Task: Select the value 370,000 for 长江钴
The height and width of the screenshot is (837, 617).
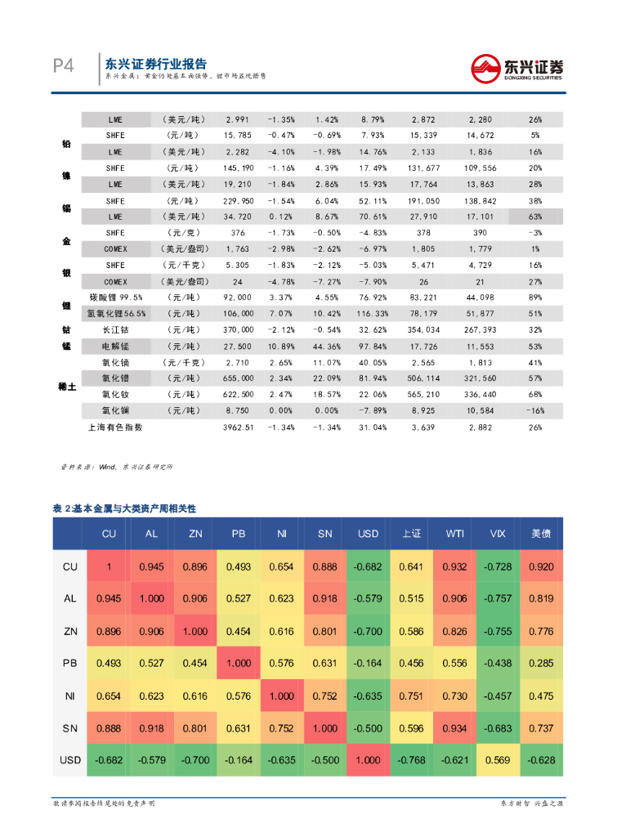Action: tap(238, 329)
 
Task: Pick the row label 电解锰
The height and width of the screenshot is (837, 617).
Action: tap(115, 346)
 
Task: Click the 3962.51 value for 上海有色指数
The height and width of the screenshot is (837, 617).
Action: tap(239, 427)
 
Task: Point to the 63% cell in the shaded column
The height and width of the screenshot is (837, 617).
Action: tap(535, 217)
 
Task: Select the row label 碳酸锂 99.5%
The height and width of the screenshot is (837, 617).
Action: tap(115, 298)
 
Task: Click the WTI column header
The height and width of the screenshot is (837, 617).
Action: tap(455, 533)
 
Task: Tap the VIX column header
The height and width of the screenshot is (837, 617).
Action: tap(499, 533)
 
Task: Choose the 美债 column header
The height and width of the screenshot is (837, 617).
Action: tap(542, 533)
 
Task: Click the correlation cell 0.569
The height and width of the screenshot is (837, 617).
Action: tap(499, 759)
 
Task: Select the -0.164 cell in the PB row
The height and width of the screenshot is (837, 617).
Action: tap(369, 663)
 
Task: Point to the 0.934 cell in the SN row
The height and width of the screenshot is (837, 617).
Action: tap(455, 727)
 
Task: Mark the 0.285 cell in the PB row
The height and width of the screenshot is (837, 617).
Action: tap(542, 663)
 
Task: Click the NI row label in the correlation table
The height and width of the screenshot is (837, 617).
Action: tap(70, 696)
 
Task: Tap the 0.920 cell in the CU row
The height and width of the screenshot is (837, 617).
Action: tap(542, 566)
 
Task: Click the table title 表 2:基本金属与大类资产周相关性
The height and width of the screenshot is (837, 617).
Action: tap(124, 508)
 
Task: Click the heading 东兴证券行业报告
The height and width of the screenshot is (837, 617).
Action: tap(155, 64)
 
